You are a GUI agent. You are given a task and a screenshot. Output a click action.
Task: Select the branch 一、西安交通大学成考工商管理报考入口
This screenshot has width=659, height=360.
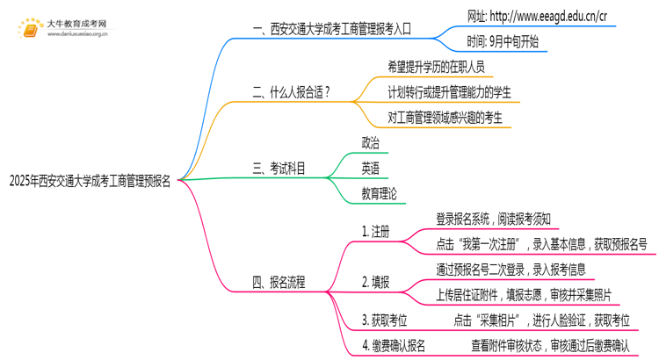coord(331,28)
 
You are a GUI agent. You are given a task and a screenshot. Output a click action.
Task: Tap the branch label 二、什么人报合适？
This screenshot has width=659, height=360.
coord(292,90)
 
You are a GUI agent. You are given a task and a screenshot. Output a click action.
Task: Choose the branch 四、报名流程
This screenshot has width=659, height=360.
coord(279,282)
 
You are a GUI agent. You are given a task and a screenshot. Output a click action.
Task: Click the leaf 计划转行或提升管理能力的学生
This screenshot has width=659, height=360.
coord(449,91)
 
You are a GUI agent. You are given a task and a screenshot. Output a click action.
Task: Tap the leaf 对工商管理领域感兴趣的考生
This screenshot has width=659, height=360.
coord(445,116)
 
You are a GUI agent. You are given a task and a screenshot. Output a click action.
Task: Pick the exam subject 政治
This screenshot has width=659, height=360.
coord(371,142)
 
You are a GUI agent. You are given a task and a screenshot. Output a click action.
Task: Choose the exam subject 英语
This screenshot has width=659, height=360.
coord(371,167)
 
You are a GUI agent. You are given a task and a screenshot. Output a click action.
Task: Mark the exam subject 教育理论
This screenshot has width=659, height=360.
coord(379,192)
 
